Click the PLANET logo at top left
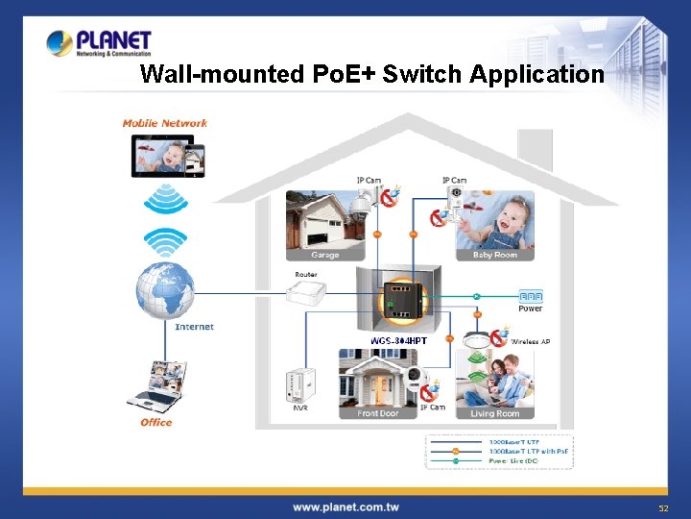tap(99, 43)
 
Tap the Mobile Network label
tap(165, 123)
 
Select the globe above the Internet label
tap(165, 287)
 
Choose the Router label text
tap(306, 275)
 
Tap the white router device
tap(312, 294)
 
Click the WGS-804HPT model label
tap(398, 340)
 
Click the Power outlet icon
tap(531, 296)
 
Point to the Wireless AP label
tap(531, 341)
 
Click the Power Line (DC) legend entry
tap(514, 461)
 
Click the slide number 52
tap(662, 507)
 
